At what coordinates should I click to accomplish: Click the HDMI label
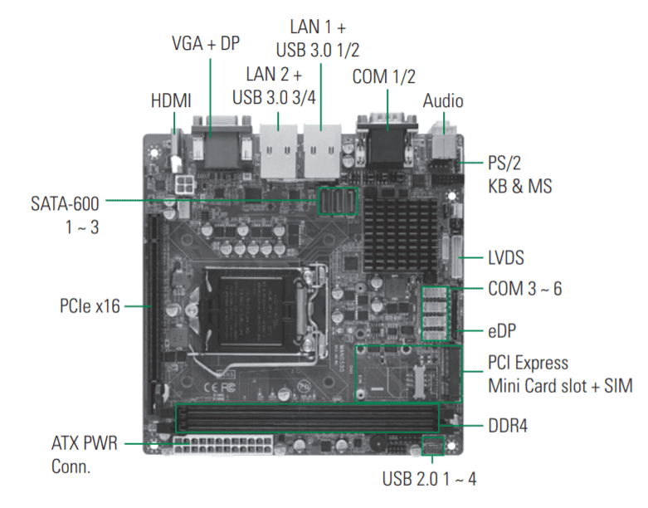[x=171, y=101]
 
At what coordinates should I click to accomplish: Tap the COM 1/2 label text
[x=384, y=77]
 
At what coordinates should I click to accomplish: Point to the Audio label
[x=443, y=101]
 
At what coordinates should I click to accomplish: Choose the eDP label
[x=502, y=330]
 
